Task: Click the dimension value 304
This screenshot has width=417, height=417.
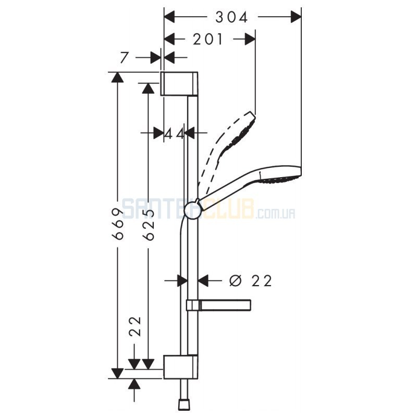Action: coord(231,18)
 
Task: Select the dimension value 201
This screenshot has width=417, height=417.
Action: coord(207,40)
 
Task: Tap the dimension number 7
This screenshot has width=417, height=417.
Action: coord(124,57)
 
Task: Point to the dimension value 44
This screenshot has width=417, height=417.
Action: coord(174,133)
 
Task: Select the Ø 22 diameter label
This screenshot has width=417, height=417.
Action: coord(251,280)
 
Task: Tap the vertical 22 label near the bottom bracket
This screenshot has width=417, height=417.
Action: coord(134,327)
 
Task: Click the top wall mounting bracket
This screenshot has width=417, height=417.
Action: coord(179,83)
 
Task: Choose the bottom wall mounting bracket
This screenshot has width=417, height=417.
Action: coord(180,366)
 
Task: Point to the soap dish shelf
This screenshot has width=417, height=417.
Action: coord(219,305)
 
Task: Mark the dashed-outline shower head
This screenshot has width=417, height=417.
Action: coord(226,149)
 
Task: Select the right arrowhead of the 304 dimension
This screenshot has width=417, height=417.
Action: coord(296,17)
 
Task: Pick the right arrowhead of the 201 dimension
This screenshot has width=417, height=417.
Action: coord(250,40)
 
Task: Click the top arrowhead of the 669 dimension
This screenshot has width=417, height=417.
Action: coord(118,77)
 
